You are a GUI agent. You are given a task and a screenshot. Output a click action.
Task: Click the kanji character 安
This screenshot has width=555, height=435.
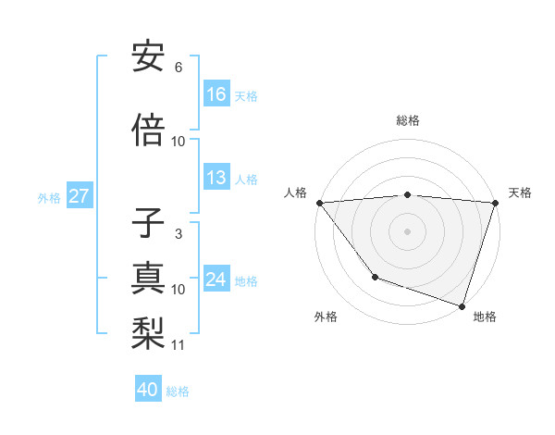[x=148, y=58]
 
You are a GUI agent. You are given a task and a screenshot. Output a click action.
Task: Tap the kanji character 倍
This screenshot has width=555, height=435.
[x=148, y=130]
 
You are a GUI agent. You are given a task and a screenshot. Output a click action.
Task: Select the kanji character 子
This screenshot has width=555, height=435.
[x=148, y=225]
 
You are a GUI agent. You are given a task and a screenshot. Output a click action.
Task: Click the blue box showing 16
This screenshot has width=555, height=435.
[x=216, y=94]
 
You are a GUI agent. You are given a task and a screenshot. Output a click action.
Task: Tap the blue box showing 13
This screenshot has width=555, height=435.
[x=216, y=179]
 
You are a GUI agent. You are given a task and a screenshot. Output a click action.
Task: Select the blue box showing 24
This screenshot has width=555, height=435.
[x=216, y=280]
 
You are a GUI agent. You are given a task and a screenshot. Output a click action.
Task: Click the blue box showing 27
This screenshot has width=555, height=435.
[x=80, y=196]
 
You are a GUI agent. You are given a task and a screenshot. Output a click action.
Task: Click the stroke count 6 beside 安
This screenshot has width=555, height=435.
[x=178, y=68]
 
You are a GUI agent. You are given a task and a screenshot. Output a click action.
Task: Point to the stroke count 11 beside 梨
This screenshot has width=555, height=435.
[x=179, y=345]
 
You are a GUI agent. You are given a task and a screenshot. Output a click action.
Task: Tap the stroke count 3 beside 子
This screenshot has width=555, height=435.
[x=178, y=234]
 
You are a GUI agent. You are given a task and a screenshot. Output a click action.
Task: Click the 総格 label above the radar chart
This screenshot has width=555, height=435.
[x=408, y=120]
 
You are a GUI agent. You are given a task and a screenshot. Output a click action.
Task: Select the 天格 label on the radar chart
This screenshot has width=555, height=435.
[x=520, y=193]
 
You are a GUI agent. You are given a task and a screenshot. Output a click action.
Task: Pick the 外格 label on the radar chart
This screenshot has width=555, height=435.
[x=326, y=317]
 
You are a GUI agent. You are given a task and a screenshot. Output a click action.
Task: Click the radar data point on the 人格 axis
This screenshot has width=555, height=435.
[x=319, y=203]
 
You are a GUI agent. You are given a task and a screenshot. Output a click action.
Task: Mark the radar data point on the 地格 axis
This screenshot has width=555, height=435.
[x=462, y=305]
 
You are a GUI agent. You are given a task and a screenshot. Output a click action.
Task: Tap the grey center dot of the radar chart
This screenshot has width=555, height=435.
[x=407, y=231]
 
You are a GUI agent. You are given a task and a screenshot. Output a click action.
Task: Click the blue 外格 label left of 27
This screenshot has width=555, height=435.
[x=49, y=197]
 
